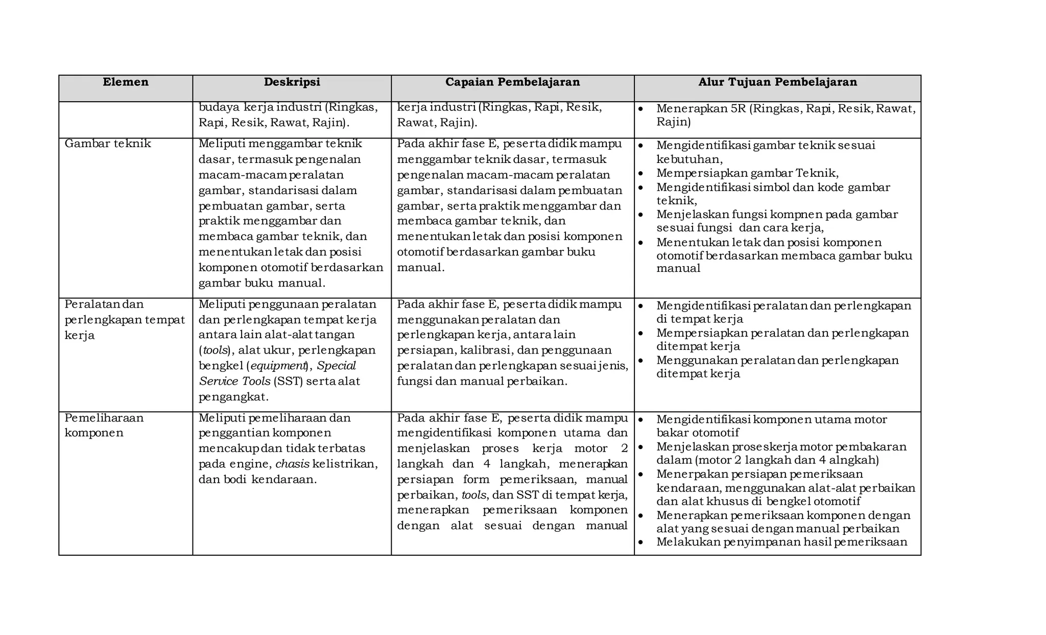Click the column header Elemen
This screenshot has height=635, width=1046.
click(x=125, y=82)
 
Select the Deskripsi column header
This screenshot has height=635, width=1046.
click(x=292, y=82)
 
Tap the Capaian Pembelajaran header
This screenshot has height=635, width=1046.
click(x=512, y=82)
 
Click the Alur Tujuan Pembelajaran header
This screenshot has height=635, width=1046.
click(x=777, y=82)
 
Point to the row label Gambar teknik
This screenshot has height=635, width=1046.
click(x=108, y=144)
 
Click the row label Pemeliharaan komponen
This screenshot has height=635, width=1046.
click(x=104, y=425)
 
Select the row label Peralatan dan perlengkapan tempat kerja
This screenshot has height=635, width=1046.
click(x=124, y=320)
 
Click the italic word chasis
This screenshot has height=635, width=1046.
click(x=292, y=464)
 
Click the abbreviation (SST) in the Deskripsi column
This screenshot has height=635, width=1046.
click(x=289, y=381)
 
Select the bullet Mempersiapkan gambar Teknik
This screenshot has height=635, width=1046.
click(x=747, y=173)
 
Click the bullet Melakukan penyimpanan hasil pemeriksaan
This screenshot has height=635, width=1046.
click(x=781, y=542)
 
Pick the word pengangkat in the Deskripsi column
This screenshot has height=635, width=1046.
click(x=233, y=397)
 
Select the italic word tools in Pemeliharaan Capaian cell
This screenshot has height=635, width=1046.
click(x=473, y=495)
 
